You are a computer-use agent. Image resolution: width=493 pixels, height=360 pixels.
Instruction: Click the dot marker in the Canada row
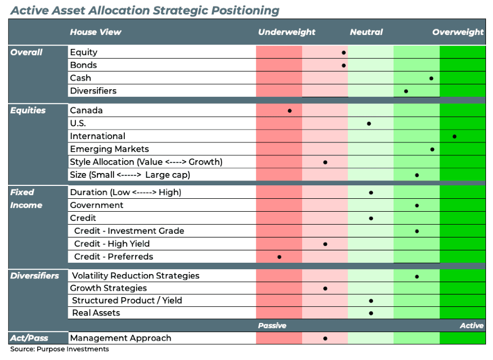290,111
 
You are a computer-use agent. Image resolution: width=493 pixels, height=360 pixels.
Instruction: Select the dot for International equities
455,136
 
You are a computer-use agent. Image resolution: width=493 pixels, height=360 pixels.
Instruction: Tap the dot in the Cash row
431,78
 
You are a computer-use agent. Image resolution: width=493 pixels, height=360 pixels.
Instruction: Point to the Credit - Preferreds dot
280,257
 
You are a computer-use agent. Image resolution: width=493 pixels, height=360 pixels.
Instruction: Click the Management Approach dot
325,339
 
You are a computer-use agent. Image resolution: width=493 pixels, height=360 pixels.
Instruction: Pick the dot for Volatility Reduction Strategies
417,276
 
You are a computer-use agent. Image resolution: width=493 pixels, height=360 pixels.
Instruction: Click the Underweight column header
287,32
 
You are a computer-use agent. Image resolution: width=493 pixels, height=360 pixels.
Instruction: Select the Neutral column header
366,32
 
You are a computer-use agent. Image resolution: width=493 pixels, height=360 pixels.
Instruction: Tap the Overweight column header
458,32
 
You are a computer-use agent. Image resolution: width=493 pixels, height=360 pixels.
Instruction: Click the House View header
95,32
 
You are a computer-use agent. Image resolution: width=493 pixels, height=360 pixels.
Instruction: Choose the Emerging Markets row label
109,149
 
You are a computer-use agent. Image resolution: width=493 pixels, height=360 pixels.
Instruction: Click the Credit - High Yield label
112,243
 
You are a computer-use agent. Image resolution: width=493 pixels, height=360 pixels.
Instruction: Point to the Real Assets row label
96,313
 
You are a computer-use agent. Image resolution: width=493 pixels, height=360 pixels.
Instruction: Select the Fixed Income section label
26,198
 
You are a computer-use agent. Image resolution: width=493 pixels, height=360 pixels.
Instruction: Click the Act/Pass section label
28,338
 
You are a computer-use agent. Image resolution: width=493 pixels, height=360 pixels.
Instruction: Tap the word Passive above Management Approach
272,326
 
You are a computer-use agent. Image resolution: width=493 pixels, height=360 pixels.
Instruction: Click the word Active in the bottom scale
471,326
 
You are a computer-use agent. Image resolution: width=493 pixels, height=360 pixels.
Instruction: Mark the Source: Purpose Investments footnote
59,349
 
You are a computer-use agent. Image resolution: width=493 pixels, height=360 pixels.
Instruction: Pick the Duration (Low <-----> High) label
125,192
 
